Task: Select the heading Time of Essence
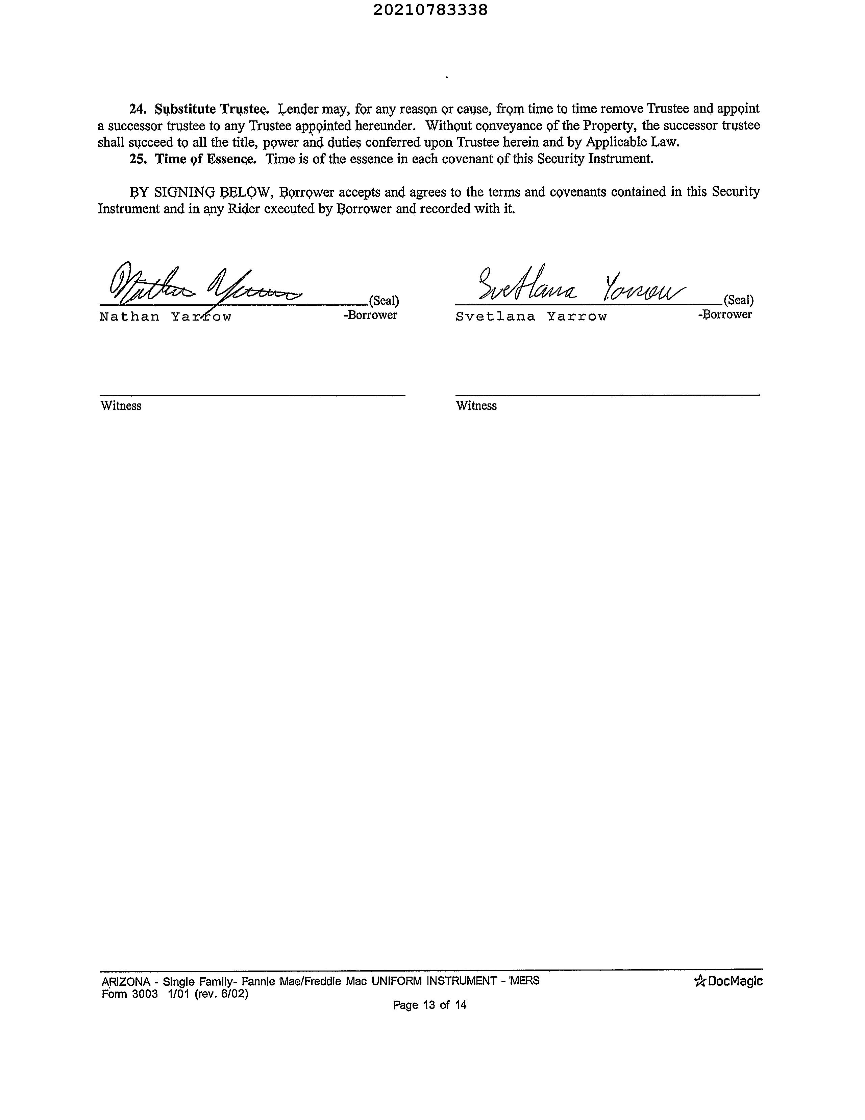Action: (x=205, y=159)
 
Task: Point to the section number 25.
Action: (x=138, y=159)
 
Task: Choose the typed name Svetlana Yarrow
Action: (x=531, y=317)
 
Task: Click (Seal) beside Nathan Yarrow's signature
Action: (x=384, y=301)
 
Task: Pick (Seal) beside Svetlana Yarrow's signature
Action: (x=738, y=300)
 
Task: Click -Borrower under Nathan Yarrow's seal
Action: (x=370, y=315)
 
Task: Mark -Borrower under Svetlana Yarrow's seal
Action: (x=724, y=314)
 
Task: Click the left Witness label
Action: (x=121, y=406)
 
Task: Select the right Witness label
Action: (x=476, y=406)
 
